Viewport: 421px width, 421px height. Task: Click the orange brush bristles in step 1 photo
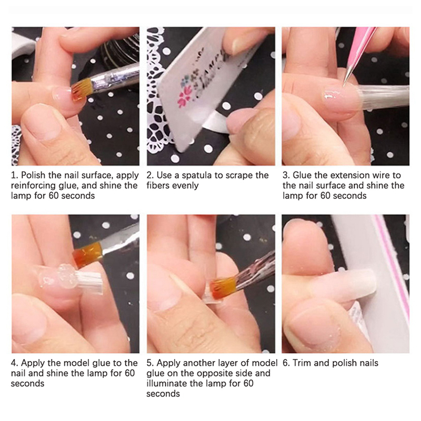tap(81, 90)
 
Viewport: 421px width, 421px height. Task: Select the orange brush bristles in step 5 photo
tap(223, 288)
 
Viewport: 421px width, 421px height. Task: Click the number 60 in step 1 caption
tap(54, 196)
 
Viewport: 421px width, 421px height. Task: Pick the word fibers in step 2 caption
tap(158, 186)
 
